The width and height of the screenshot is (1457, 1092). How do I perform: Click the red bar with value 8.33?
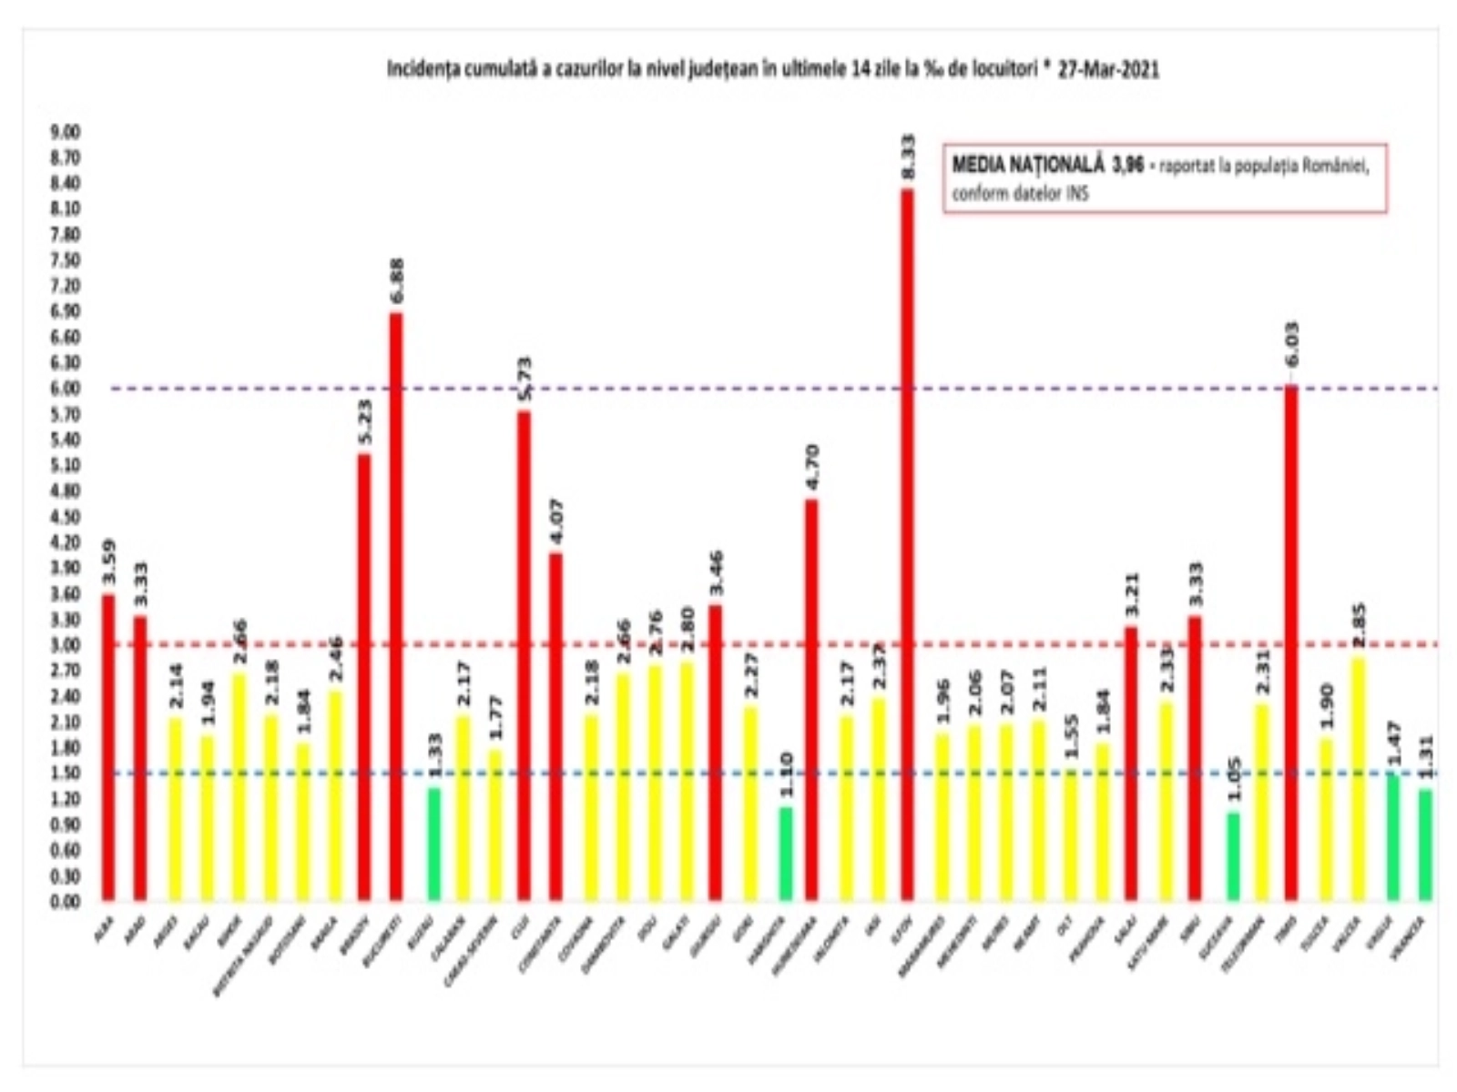click(908, 546)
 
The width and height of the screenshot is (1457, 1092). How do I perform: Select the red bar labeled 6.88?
click(396, 608)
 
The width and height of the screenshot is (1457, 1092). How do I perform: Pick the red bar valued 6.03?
click(1291, 643)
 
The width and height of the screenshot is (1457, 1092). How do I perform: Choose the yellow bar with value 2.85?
click(1358, 779)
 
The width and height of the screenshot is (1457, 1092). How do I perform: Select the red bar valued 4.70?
click(811, 701)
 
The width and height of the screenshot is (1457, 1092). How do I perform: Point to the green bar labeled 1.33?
click(434, 844)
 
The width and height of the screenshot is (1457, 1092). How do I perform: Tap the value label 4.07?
click(555, 522)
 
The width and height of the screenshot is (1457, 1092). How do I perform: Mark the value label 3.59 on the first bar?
click(108, 564)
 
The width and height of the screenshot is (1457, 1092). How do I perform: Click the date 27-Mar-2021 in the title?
click(1108, 70)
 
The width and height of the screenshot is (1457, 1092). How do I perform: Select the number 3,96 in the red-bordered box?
click(1127, 166)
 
